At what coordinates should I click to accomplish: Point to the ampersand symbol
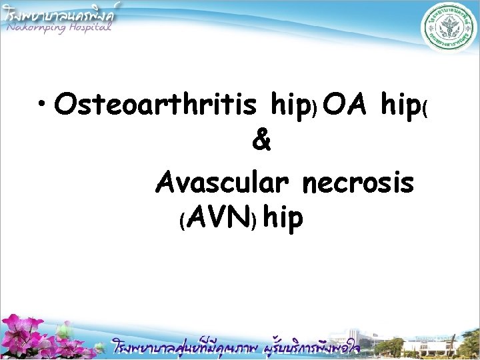(x=262, y=142)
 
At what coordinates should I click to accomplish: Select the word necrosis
(x=358, y=181)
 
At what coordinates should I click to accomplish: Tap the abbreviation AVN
(x=221, y=217)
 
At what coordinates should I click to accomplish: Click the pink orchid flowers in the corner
(x=33, y=337)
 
